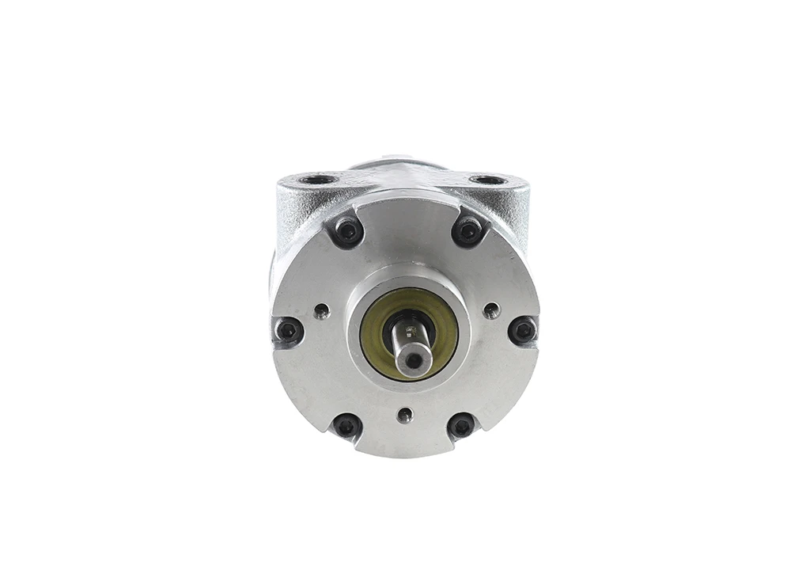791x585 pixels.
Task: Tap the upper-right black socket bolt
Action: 468,231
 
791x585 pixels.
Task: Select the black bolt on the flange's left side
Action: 288,330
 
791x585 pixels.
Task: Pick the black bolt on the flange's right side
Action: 522,329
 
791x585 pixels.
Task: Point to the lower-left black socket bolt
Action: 346,427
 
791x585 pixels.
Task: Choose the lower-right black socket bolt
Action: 462,427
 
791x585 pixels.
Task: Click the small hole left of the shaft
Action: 321,310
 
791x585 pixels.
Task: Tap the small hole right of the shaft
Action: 491,310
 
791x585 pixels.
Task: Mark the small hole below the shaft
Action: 405,415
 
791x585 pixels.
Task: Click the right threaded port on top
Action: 487,180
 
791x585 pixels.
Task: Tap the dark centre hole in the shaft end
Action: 414,361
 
